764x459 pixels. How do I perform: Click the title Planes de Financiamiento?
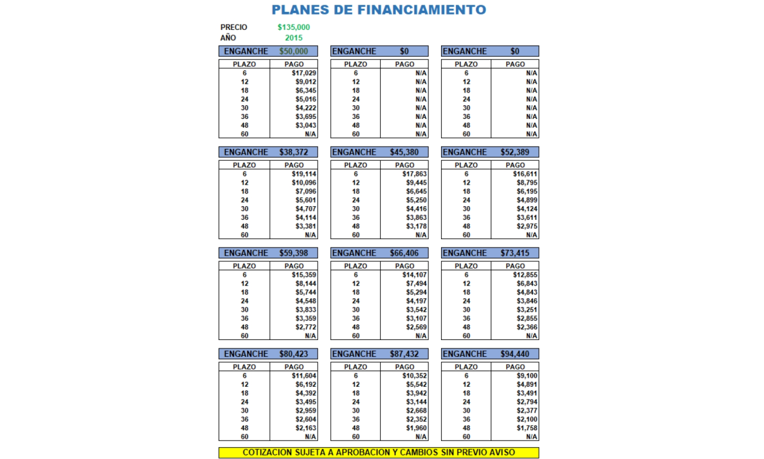pos(378,10)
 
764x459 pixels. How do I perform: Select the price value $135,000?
pos(294,27)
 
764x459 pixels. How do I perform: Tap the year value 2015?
pos(294,38)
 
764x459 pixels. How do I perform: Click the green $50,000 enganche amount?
pos(294,51)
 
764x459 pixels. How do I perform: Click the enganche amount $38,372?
pos(294,152)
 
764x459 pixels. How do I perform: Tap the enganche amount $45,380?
pos(405,152)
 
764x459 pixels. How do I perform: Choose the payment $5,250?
pos(415,200)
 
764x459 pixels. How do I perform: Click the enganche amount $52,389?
pos(515,152)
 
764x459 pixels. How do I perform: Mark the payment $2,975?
pos(525,227)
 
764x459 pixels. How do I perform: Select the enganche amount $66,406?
pos(405,253)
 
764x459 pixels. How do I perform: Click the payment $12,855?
pos(525,275)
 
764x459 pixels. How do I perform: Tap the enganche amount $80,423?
pos(294,354)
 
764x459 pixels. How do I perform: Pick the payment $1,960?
pos(415,429)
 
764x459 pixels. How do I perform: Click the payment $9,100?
pos(526,376)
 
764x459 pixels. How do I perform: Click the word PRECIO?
pos(234,27)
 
